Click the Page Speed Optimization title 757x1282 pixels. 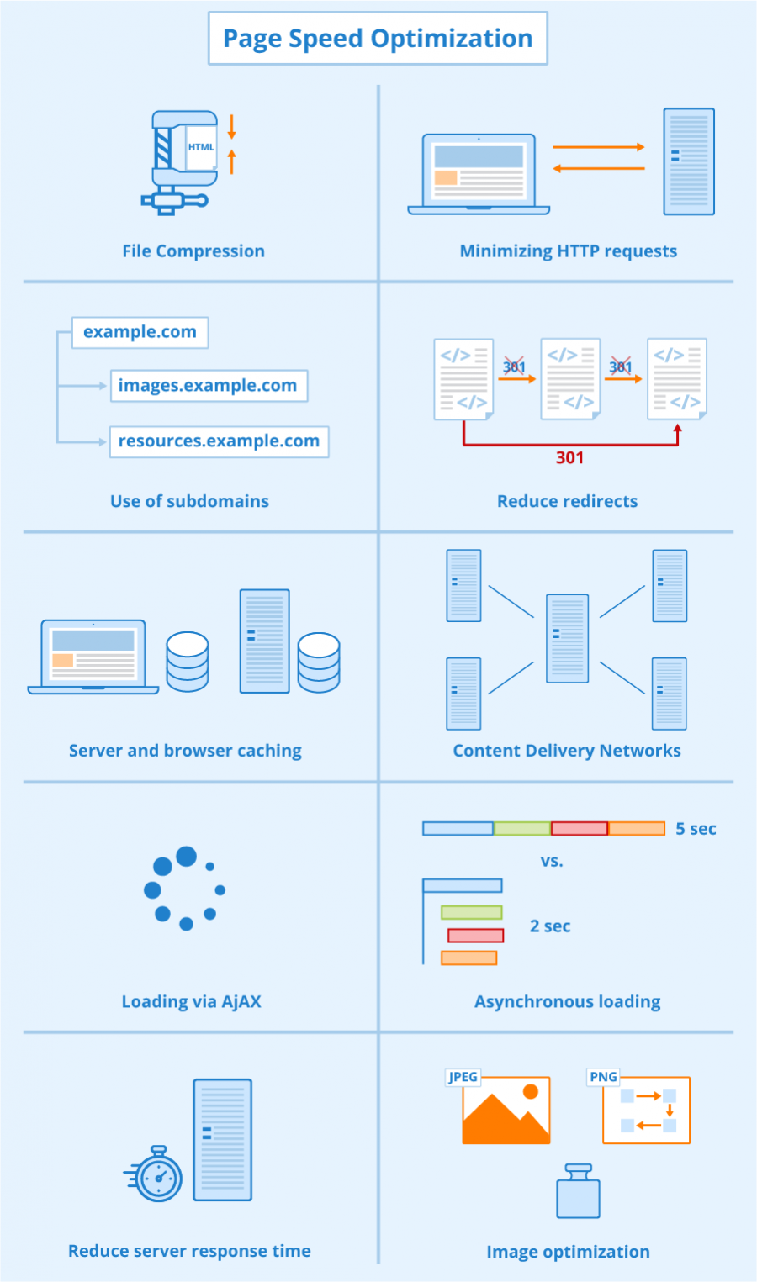[x=378, y=39]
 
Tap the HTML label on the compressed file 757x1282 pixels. [x=201, y=147]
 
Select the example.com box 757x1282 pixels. [x=140, y=332]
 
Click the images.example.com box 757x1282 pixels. [x=208, y=386]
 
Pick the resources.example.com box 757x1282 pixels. [x=219, y=441]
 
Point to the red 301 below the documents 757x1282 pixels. [x=569, y=457]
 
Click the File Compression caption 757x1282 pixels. [x=193, y=251]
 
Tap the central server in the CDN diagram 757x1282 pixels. [x=567, y=638]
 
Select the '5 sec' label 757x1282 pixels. [x=696, y=829]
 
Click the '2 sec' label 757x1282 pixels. [x=550, y=926]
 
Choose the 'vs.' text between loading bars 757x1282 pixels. [x=552, y=862]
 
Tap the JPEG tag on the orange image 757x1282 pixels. [x=463, y=1077]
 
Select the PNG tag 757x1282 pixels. [x=603, y=1077]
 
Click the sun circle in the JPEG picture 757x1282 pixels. [x=530, y=1092]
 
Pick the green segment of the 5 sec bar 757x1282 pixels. [x=521, y=829]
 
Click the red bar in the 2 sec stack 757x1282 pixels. [x=475, y=936]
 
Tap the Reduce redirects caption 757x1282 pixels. [x=567, y=502]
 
